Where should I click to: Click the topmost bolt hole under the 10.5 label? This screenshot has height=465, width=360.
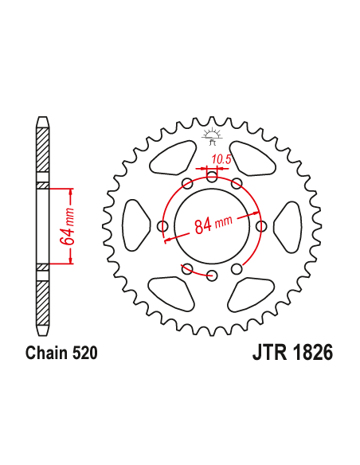212,178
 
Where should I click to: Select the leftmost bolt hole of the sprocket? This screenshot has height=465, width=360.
163,227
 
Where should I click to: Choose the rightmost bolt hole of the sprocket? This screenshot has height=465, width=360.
261,227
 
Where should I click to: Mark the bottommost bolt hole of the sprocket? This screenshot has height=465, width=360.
212,276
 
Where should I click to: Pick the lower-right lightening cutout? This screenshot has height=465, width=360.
252,294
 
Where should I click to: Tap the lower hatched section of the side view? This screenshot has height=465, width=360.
43,303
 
